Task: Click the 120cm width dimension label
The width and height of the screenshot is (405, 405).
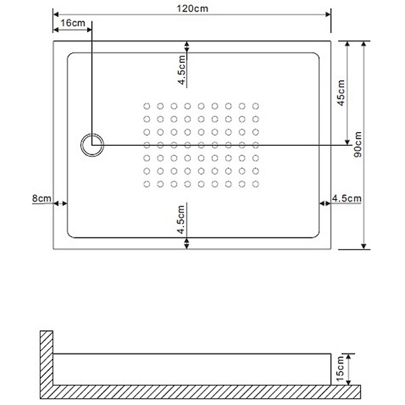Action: tap(192, 9)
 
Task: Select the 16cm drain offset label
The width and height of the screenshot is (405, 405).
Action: tap(73, 23)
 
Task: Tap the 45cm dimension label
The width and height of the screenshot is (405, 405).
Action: tap(341, 93)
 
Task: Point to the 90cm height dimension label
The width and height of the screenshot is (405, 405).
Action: tap(358, 144)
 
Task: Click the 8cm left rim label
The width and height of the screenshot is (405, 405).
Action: tap(42, 198)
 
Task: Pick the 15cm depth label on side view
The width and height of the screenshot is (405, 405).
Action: tap(340, 369)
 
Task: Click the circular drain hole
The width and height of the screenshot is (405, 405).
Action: tap(92, 145)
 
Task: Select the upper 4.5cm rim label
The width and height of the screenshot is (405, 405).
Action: tap(182, 70)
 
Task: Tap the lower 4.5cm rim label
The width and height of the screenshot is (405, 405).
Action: tap(181, 220)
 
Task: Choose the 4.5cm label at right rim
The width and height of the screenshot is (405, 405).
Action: tap(347, 198)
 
